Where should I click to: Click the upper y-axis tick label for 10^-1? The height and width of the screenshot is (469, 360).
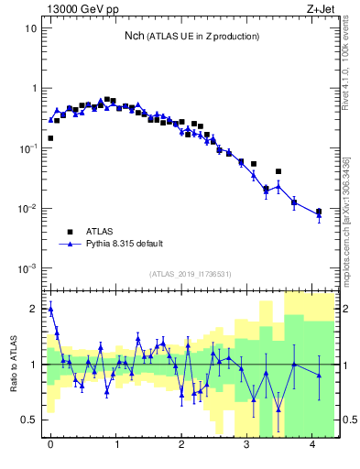point(27,148)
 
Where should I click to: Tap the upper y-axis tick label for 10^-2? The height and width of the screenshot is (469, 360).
point(27,209)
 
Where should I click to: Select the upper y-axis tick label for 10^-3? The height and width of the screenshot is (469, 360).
point(27,268)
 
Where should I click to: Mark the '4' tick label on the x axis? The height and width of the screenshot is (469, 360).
point(313,444)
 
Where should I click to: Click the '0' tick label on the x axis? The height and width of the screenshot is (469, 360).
point(50,444)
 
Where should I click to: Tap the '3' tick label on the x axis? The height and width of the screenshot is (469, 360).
point(247,444)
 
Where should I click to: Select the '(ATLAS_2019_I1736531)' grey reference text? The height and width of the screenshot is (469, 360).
point(191,274)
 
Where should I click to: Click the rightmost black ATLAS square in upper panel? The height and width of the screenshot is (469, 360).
point(319,212)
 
